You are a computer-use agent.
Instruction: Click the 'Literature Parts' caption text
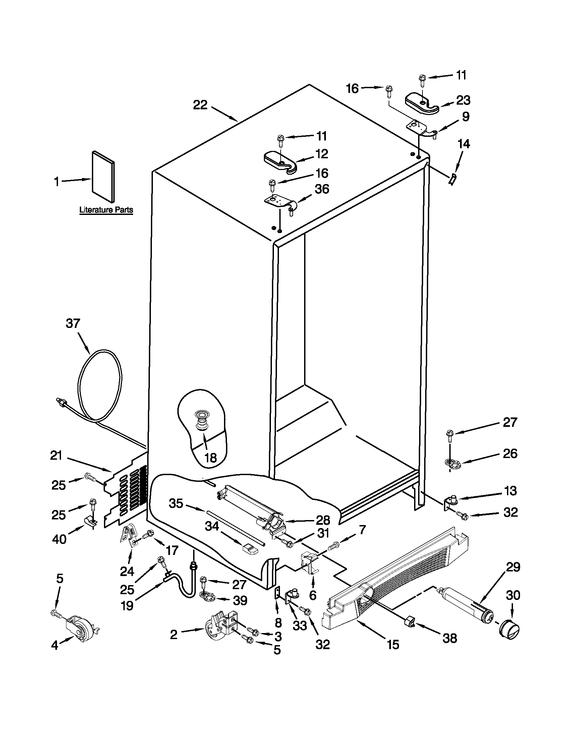[x=106, y=210]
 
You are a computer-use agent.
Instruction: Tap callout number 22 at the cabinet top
[x=200, y=105]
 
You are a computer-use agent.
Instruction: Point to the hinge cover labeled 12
[x=279, y=162]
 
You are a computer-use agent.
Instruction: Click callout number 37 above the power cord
[x=73, y=323]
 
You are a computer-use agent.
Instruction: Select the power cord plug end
[x=61, y=402]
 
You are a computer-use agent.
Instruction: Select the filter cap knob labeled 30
[x=509, y=630]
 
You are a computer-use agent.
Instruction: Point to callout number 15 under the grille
[x=393, y=644]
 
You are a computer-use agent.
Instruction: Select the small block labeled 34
[x=250, y=549]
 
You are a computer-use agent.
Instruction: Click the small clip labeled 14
[x=452, y=178]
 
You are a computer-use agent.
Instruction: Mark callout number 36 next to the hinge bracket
[x=322, y=189]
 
